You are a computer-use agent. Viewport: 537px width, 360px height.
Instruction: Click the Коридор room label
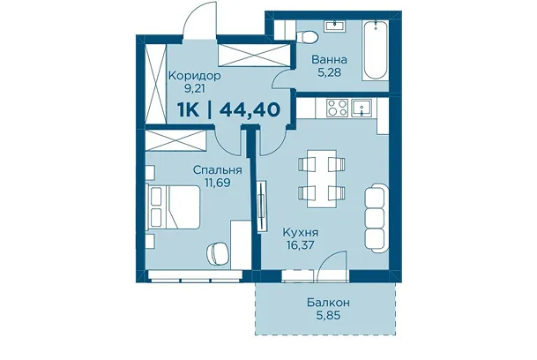pos(195,76)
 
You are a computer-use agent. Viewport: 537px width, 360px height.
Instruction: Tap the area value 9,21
pos(194,89)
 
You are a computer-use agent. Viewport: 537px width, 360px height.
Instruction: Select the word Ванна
pos(329,60)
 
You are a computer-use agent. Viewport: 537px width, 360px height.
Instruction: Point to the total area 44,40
pos(250,109)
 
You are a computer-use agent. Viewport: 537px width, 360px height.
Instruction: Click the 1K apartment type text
pos(189,109)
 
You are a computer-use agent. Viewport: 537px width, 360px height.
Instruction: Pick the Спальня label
pos(218,169)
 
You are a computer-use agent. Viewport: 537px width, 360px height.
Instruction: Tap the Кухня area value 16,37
pos(301,245)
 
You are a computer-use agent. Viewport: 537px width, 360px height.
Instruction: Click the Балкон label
pos(328,303)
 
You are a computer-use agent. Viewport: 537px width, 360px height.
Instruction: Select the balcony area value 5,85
pos(329,315)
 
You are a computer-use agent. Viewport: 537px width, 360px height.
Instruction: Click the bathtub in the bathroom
pos(376,51)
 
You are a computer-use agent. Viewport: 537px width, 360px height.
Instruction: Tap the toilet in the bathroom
pos(307,37)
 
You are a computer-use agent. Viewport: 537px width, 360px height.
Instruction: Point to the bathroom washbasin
pos(335,26)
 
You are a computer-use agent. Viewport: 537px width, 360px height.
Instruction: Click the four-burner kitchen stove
pos(337,108)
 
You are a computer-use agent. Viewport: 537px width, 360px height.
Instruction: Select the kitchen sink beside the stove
pos(362,109)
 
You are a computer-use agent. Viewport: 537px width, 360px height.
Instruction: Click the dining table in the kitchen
pos(322,178)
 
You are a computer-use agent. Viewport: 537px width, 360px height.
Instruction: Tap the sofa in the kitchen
pos(377,218)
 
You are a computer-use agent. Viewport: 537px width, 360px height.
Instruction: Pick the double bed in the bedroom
pos(174,206)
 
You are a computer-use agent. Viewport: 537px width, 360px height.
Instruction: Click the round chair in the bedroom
pos(218,253)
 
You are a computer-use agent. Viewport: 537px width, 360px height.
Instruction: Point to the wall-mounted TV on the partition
pos(262,206)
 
